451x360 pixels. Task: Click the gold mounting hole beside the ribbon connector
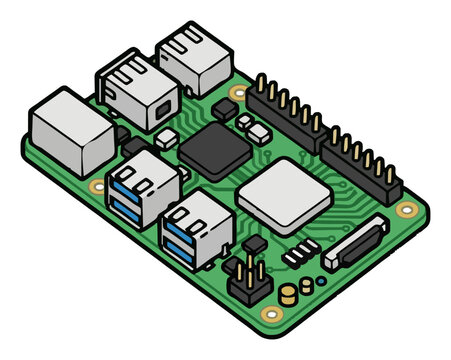(406, 210)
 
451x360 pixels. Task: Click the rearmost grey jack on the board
(191, 55)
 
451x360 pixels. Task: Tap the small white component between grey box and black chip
(166, 135)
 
